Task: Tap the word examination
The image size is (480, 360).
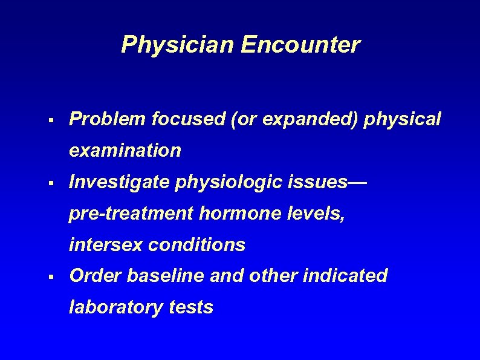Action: [x=125, y=151]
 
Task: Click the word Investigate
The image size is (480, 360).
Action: [x=120, y=182]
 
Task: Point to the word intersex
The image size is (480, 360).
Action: [x=106, y=244]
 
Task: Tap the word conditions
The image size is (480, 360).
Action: [x=196, y=244]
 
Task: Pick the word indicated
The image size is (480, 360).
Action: [x=345, y=276]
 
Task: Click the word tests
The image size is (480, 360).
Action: [x=191, y=307]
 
